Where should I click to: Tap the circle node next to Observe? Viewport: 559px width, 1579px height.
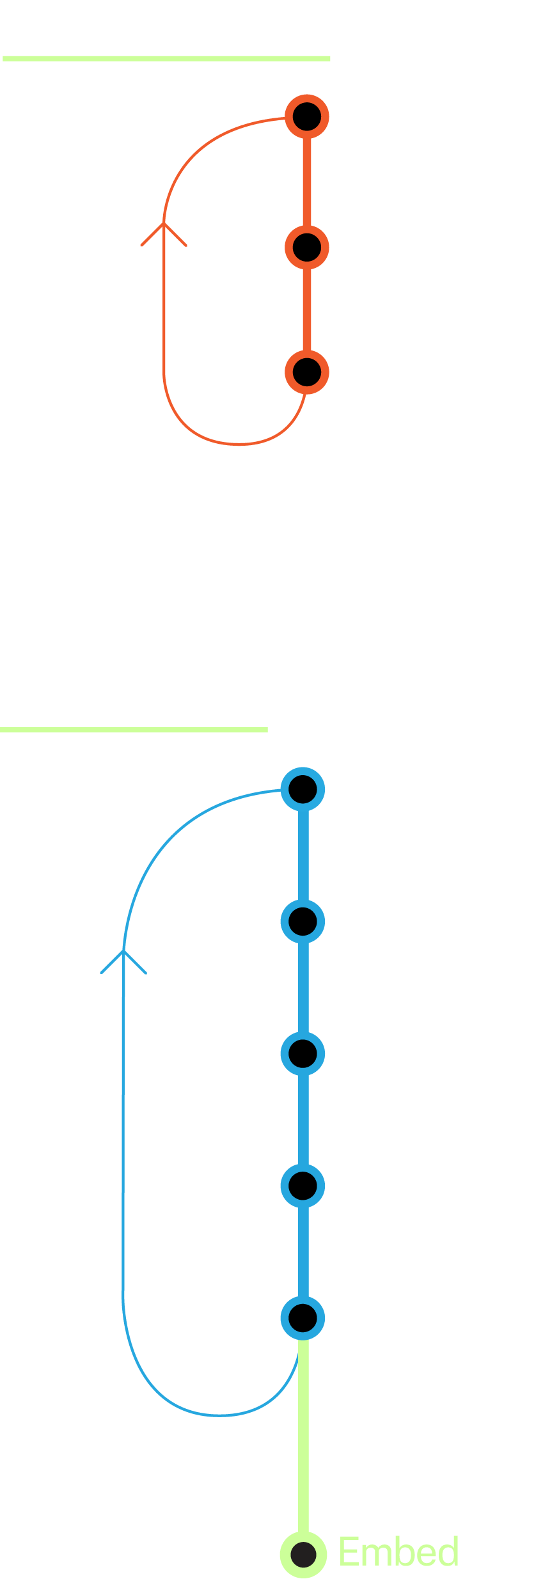coord(307,116)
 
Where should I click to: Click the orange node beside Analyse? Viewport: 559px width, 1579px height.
coord(307,247)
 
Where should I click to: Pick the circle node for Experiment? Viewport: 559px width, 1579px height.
coord(307,372)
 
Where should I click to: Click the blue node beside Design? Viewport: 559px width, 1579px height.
coord(303,789)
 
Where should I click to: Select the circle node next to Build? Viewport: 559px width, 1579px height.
coord(303,920)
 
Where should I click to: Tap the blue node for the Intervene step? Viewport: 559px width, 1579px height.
coord(303,1053)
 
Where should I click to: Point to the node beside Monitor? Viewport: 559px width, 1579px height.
coord(303,1184)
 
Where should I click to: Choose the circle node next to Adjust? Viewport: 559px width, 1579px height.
coord(303,1317)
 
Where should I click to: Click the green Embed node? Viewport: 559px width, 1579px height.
coord(304,1554)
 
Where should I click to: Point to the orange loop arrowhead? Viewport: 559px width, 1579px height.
coord(164,232)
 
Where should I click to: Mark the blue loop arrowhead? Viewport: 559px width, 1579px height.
coord(123,960)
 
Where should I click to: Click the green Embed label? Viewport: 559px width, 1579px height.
coord(398,1552)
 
